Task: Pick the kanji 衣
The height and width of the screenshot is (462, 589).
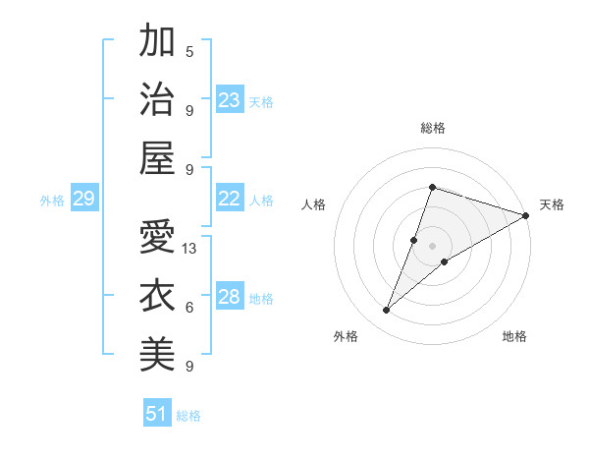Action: [x=158, y=294]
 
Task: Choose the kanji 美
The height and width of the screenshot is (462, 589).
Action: [x=158, y=352]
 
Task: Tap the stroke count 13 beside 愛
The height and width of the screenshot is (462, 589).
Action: [x=190, y=249]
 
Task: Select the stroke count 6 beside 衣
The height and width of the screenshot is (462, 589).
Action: [x=189, y=308]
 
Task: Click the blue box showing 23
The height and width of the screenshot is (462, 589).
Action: [x=230, y=100]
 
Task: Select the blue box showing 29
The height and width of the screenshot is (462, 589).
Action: [x=83, y=200]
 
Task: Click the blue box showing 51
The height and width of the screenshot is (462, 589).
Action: [x=157, y=414]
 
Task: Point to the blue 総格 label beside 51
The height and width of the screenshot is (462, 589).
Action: [x=188, y=416]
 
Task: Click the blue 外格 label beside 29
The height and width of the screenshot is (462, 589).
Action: [x=52, y=201]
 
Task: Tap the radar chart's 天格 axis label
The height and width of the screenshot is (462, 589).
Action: [x=552, y=204]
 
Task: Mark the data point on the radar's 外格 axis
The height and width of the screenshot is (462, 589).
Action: [x=387, y=311]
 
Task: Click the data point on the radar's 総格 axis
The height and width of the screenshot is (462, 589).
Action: [x=432, y=187]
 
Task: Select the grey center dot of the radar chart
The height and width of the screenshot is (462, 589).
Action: [x=432, y=246]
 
